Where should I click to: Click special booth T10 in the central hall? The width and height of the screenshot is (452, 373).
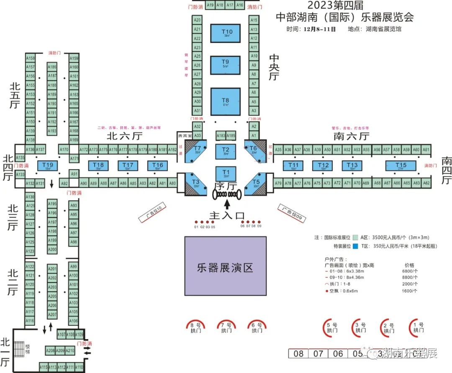click(x=227, y=33)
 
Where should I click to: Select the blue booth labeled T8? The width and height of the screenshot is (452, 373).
click(x=226, y=101)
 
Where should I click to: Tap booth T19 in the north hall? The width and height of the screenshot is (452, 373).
click(x=48, y=165)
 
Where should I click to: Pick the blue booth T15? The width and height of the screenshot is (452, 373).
click(x=401, y=166)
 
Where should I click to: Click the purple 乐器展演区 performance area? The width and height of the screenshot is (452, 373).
click(x=226, y=266)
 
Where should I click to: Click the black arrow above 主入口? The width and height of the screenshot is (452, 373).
click(x=227, y=204)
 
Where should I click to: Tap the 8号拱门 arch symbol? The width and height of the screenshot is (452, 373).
click(x=196, y=327)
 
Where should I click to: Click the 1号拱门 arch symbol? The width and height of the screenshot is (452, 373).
click(x=418, y=327)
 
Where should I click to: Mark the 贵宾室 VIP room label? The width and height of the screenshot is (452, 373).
click(x=185, y=136)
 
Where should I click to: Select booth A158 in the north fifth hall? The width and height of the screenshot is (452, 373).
click(x=30, y=58)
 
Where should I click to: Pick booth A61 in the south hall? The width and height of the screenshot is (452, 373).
click(x=426, y=149)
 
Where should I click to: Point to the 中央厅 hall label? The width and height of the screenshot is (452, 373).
click(x=274, y=67)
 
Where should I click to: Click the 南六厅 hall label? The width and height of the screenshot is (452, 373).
click(x=352, y=136)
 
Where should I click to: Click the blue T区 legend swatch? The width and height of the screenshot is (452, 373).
click(x=356, y=246)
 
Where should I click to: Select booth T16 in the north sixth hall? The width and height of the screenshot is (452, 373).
click(x=157, y=165)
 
